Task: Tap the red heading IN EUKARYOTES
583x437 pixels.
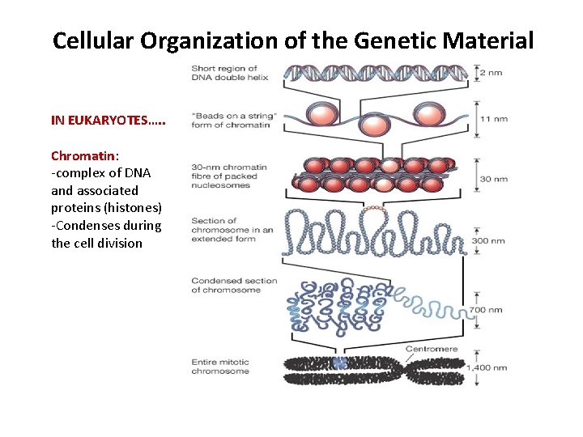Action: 109,121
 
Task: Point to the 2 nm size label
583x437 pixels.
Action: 490,73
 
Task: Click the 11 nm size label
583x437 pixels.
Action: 493,118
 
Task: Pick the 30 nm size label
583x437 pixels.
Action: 493,179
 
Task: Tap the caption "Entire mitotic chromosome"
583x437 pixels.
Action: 220,367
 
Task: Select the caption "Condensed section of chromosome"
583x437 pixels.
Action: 234,285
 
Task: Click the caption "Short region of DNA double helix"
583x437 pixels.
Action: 224,72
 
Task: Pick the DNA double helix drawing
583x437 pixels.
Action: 375,74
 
